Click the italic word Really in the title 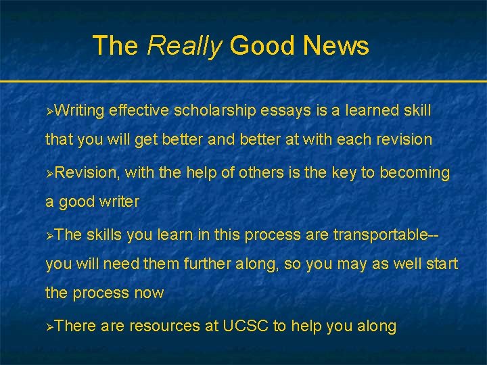[184, 46]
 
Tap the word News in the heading [336, 45]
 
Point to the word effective [139, 110]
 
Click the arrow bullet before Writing [49, 111]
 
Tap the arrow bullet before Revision [49, 173]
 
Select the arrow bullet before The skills [49, 235]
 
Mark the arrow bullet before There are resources [49, 327]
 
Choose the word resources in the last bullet [163, 326]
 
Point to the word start [440, 264]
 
